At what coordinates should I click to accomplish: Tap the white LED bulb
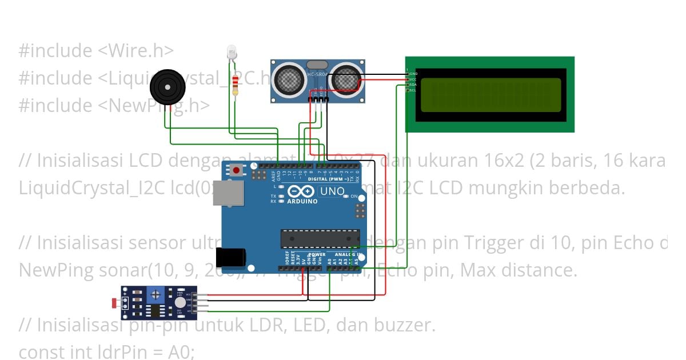[x=232, y=51]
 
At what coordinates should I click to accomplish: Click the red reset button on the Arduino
[x=237, y=170]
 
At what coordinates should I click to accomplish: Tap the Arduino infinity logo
[x=301, y=191]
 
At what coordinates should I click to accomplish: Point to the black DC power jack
[x=235, y=258]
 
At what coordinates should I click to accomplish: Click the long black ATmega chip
[x=320, y=239]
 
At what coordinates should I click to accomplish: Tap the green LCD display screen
[x=490, y=95]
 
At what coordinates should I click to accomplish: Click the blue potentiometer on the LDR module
[x=154, y=295]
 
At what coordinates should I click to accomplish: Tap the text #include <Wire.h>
[x=95, y=50]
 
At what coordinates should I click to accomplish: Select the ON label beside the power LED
[x=354, y=197]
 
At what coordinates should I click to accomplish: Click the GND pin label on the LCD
[x=413, y=74]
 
